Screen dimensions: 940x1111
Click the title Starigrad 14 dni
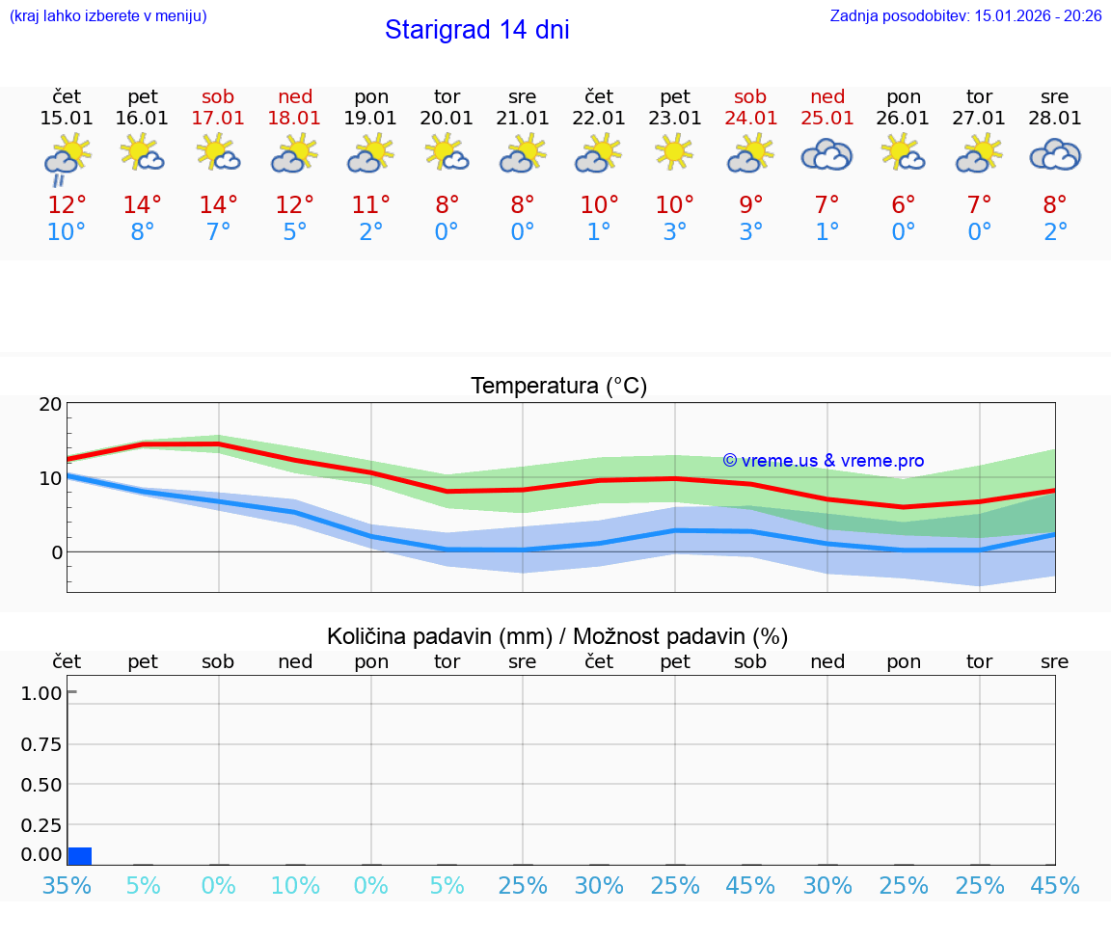coord(476,30)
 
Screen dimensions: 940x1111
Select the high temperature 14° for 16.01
coord(143,205)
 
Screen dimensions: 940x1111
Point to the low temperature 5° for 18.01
coord(294,232)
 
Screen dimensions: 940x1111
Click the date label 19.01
coord(371,119)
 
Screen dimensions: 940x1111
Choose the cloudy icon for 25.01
coord(826,154)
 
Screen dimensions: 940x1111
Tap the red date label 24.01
coord(750,119)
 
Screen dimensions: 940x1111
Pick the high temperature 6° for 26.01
coord(903,205)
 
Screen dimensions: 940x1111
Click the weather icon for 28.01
coord(1055,154)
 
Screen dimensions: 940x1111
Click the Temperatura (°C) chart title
coord(558,387)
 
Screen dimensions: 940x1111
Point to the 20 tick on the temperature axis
coord(50,405)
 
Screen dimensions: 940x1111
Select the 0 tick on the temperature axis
coord(56,552)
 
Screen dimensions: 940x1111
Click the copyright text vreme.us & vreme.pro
coord(823,461)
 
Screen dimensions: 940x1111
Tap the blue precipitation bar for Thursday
coord(80,856)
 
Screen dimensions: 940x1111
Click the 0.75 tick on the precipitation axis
coord(41,744)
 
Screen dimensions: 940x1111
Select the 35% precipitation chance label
coord(67,885)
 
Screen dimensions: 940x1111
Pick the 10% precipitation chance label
coord(294,885)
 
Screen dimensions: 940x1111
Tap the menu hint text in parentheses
coord(108,16)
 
